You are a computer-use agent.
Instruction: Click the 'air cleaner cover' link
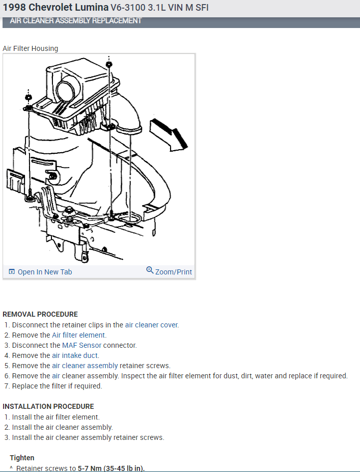152,325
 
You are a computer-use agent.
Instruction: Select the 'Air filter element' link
79,335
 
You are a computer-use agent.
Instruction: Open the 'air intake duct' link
75,355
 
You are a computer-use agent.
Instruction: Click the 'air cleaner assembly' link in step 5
85,366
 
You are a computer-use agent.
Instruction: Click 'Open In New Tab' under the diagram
45,272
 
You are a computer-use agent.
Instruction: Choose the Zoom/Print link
173,272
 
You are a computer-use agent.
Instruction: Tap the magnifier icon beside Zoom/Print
150,270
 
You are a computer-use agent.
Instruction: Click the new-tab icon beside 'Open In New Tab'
12,272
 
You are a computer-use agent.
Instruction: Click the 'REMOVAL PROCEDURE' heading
40,314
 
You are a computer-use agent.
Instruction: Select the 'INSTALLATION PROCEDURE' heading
48,406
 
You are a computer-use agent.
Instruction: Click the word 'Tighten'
22,458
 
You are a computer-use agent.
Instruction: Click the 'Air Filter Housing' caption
31,48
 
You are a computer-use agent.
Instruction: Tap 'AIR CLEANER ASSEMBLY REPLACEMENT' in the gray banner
75,21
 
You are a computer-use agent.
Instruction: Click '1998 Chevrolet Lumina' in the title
56,8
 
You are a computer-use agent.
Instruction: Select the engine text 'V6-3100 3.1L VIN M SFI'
159,8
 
